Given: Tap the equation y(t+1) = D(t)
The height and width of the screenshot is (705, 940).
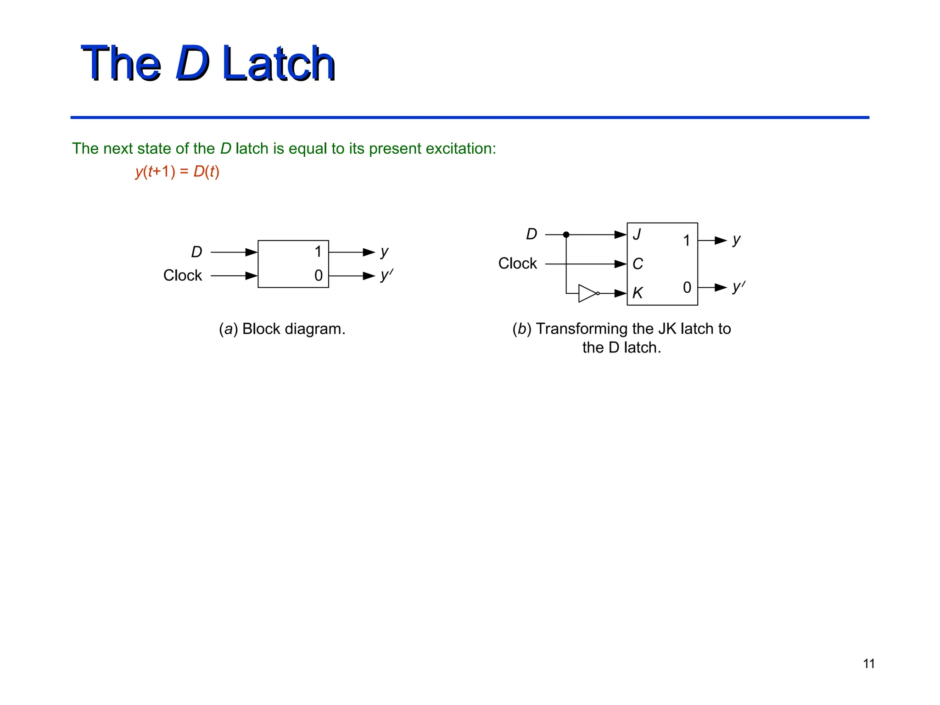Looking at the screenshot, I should (177, 172).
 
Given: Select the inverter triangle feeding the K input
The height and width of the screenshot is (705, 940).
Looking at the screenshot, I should (587, 293).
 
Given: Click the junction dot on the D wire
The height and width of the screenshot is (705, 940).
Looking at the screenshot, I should (566, 235).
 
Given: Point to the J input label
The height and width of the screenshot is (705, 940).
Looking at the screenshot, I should (637, 235).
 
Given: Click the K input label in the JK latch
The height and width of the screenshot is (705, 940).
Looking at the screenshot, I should (638, 293).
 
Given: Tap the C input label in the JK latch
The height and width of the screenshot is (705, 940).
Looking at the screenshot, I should (638, 264).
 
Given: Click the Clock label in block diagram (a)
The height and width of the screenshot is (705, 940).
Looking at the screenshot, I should (182, 275).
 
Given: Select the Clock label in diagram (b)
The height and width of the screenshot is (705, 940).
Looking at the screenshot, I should (517, 263).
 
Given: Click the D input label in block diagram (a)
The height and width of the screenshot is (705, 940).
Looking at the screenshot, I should (196, 252).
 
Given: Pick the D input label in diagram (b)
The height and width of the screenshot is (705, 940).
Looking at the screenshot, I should (531, 234).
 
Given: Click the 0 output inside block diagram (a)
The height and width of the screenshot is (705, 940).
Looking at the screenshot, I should (319, 275).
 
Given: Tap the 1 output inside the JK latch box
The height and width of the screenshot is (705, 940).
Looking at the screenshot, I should (687, 241).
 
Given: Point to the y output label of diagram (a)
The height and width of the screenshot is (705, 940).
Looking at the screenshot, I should (385, 252).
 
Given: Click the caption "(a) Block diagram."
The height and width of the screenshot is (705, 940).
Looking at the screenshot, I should (282, 329).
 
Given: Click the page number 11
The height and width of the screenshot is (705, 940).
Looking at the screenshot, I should (868, 664).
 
